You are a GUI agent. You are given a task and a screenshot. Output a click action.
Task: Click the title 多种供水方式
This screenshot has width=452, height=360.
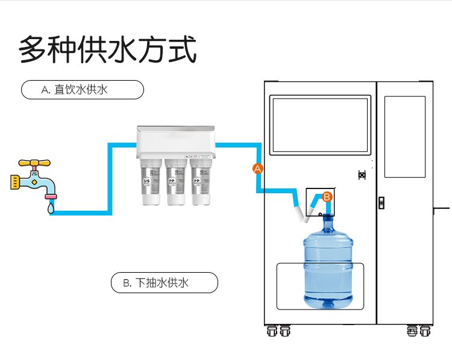(x=108, y=49)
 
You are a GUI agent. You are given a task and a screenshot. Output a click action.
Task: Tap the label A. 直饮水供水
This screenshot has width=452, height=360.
(x=83, y=90)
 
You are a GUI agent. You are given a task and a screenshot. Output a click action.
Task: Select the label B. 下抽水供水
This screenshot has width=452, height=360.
(x=164, y=282)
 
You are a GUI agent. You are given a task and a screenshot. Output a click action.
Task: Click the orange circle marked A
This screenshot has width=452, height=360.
(x=258, y=169)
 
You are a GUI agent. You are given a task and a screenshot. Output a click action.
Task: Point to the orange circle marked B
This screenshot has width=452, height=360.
(x=327, y=196)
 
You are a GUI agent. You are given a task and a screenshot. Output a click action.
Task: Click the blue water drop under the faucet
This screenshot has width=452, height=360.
(x=51, y=208)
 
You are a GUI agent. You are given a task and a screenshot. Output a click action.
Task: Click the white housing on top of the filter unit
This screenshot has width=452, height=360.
(x=176, y=140)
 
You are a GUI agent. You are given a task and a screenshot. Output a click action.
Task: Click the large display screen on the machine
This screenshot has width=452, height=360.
(x=320, y=125)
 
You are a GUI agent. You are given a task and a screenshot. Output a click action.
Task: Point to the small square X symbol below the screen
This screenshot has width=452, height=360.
(x=362, y=175)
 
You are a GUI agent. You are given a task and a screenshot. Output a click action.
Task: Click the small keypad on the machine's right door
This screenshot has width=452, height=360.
(x=381, y=202)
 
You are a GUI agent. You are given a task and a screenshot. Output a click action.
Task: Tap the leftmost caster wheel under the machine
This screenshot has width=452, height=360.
(x=271, y=331)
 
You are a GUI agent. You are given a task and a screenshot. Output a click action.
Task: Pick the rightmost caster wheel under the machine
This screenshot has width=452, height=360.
(x=424, y=331)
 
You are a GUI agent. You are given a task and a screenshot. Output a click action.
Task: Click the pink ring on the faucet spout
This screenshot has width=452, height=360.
(x=51, y=196)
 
